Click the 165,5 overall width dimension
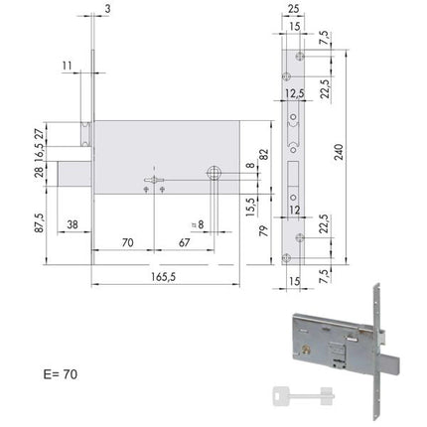(x=163, y=277)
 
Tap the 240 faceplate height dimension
(x=339, y=152)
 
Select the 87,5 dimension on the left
(x=39, y=223)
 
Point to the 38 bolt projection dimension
(x=72, y=224)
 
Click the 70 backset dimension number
(x=127, y=242)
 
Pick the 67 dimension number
(x=184, y=242)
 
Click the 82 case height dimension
(x=264, y=155)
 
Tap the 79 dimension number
(x=263, y=230)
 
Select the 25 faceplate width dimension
(x=293, y=9)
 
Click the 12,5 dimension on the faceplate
(x=294, y=93)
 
